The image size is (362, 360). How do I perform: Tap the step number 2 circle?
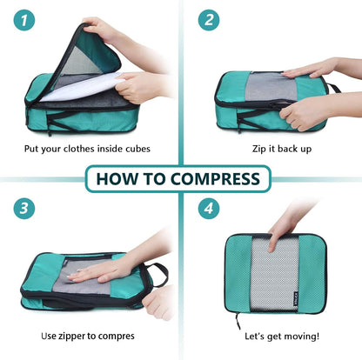207,20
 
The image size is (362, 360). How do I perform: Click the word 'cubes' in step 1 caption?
133,149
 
